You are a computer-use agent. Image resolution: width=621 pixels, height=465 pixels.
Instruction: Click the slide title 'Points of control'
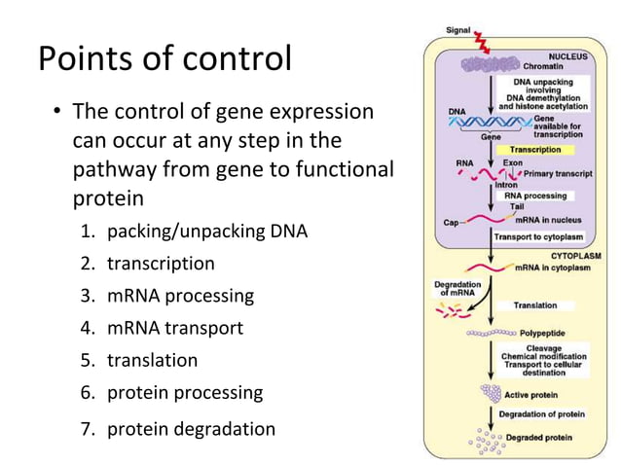coord(164,59)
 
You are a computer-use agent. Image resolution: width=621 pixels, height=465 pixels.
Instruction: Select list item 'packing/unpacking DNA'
coord(206,232)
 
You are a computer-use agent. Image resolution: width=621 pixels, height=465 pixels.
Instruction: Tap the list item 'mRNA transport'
coord(174,328)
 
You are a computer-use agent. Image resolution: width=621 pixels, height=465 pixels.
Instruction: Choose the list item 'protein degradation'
coord(191,428)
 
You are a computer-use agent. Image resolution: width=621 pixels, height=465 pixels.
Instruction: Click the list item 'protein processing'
coord(185,392)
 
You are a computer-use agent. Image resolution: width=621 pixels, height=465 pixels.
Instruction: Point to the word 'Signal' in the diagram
coord(458,31)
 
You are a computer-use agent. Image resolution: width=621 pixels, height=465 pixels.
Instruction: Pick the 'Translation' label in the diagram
coord(535,305)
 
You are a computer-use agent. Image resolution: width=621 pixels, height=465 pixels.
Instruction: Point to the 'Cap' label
coord(451,223)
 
